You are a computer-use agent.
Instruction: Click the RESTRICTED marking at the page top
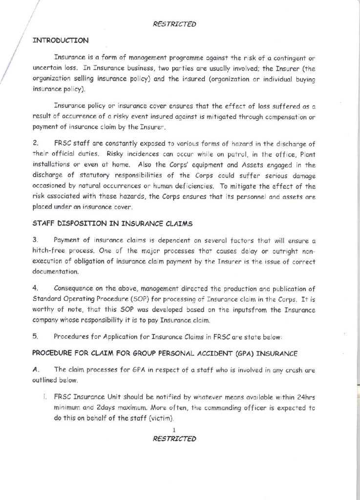coord(174,22)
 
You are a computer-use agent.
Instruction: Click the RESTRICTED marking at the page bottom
coord(174,438)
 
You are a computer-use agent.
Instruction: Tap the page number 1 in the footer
coord(174,429)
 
